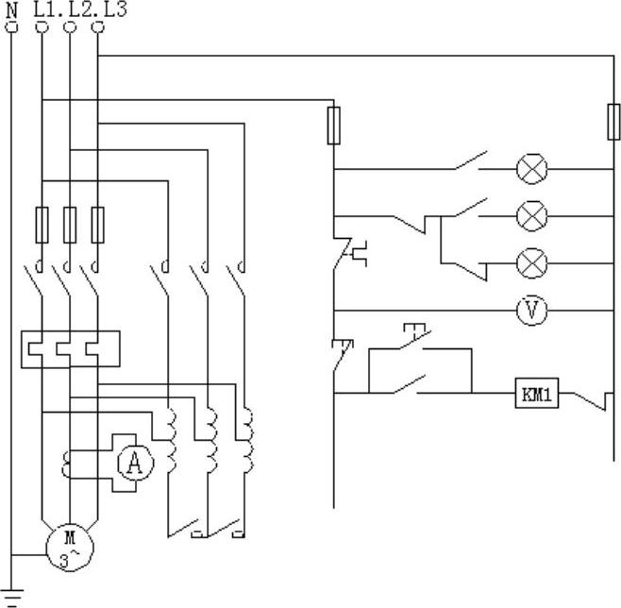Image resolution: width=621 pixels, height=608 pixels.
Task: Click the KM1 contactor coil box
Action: pyautogui.click(x=537, y=395)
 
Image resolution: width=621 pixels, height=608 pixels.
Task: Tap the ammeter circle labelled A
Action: pyautogui.click(x=135, y=464)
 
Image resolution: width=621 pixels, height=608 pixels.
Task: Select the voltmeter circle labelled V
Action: pyautogui.click(x=532, y=311)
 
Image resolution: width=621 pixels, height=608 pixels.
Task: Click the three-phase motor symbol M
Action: pyautogui.click(x=70, y=546)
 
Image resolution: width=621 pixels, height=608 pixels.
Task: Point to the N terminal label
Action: pyautogui.click(x=12, y=8)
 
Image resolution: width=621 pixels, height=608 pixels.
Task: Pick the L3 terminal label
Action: pyautogui.click(x=113, y=8)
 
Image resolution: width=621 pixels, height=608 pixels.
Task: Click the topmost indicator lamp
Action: pyautogui.click(x=532, y=170)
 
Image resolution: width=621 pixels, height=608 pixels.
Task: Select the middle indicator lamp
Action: pyautogui.click(x=532, y=216)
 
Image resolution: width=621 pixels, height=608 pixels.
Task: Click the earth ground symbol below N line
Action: pyautogui.click(x=12, y=597)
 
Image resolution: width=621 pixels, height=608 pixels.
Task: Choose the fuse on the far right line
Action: pyautogui.click(x=613, y=123)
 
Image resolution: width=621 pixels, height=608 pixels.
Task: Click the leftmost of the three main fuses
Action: pyautogui.click(x=42, y=224)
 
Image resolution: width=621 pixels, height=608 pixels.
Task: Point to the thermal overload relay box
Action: pyautogui.click(x=70, y=348)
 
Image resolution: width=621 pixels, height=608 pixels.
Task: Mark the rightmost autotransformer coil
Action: pyautogui.click(x=247, y=440)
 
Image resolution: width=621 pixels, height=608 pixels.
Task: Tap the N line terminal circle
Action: pyautogui.click(x=12, y=27)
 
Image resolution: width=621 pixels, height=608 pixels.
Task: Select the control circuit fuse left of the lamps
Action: pyautogui.click(x=333, y=126)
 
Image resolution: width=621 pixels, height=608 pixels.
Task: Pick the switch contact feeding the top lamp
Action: pyautogui.click(x=469, y=162)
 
